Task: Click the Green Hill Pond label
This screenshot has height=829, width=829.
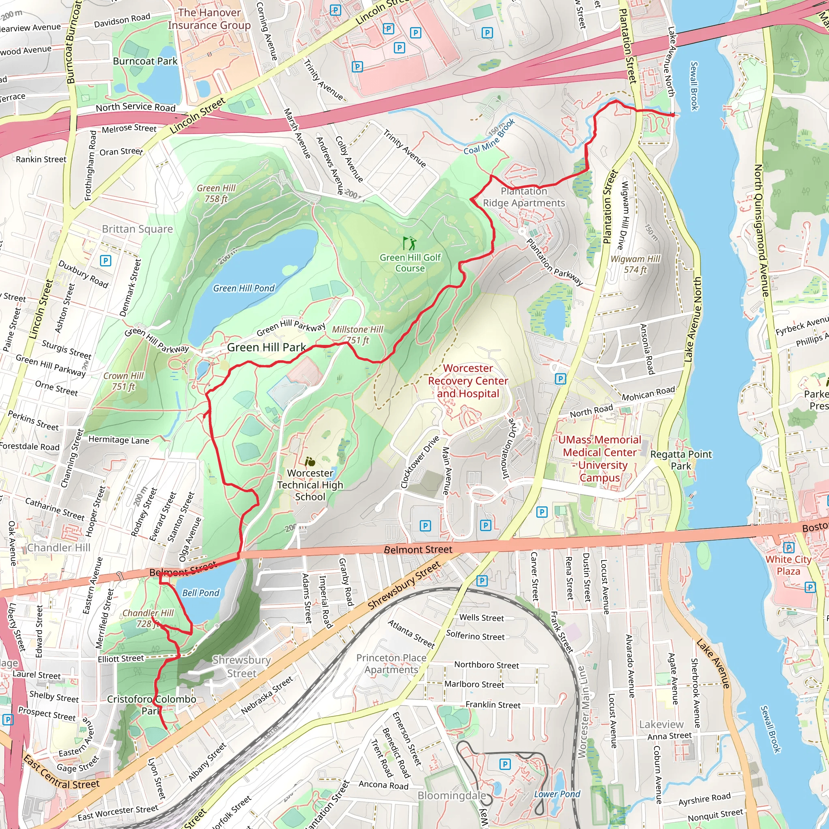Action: (244, 288)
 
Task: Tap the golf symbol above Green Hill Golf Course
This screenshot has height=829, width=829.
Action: (409, 243)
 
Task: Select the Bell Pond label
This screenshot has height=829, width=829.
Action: (200, 593)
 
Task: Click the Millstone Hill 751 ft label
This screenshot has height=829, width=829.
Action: (357, 335)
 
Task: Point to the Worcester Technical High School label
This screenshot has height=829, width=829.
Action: (310, 485)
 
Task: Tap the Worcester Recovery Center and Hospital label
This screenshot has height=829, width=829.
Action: (468, 381)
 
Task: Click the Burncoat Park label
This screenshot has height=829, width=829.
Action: (145, 62)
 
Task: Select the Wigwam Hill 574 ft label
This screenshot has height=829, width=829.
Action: (635, 264)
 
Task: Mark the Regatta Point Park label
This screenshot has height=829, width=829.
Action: (680, 460)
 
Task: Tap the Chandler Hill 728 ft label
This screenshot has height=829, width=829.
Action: (148, 619)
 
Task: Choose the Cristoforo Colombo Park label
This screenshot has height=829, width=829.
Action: (151, 705)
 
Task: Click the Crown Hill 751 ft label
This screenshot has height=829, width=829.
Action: (123, 381)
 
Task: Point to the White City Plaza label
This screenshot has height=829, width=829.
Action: (788, 565)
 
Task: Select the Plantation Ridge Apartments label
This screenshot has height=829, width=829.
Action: (524, 197)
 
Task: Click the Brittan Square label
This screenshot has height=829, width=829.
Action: (137, 229)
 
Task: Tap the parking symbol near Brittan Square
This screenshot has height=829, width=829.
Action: (106, 260)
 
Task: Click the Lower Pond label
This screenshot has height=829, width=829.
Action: (557, 794)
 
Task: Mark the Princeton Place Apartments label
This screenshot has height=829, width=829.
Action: (391, 664)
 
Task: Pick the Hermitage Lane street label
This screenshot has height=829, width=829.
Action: (119, 440)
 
